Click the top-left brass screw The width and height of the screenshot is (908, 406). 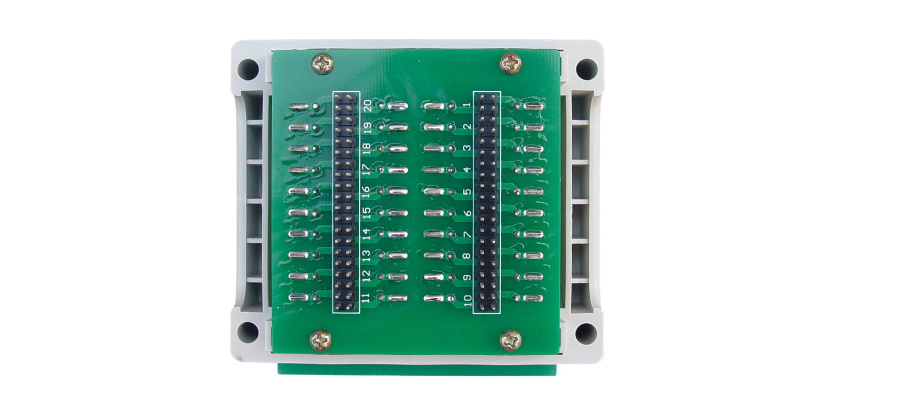coord(322,64)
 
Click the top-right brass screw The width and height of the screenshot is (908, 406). coord(510,63)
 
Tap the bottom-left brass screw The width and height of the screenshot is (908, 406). coord(321,340)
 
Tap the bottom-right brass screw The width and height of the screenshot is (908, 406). coord(510,340)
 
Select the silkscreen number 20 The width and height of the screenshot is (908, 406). coord(367,106)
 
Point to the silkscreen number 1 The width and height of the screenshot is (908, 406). coord(468,105)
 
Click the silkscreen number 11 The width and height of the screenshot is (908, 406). coord(366,298)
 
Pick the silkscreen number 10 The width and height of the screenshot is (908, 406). coord(468,300)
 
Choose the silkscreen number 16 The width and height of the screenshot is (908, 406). coord(366,192)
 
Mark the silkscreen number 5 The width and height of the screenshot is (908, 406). coord(468,191)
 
